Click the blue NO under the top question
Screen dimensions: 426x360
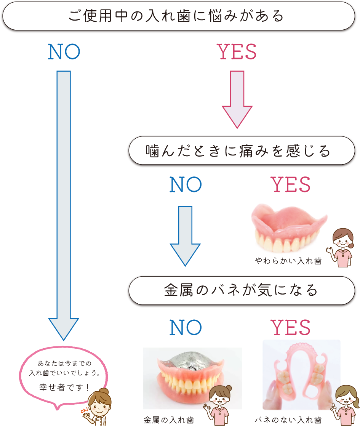[64, 53]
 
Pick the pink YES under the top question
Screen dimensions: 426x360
[237, 52]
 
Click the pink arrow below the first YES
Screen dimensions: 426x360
[237, 99]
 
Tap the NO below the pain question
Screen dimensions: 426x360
[186, 185]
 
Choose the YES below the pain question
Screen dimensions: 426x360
[291, 185]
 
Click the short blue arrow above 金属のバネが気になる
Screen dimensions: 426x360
[185, 234]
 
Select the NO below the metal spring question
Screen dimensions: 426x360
[186, 327]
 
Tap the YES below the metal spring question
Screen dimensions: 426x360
[291, 327]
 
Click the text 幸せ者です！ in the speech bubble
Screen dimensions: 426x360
[64, 388]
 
